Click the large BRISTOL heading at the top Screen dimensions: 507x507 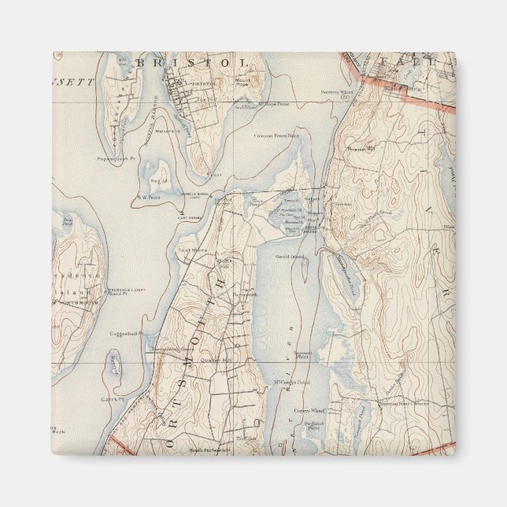click(193, 61)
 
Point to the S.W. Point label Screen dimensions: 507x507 click(149, 198)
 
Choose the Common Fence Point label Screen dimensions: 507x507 click(276, 135)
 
